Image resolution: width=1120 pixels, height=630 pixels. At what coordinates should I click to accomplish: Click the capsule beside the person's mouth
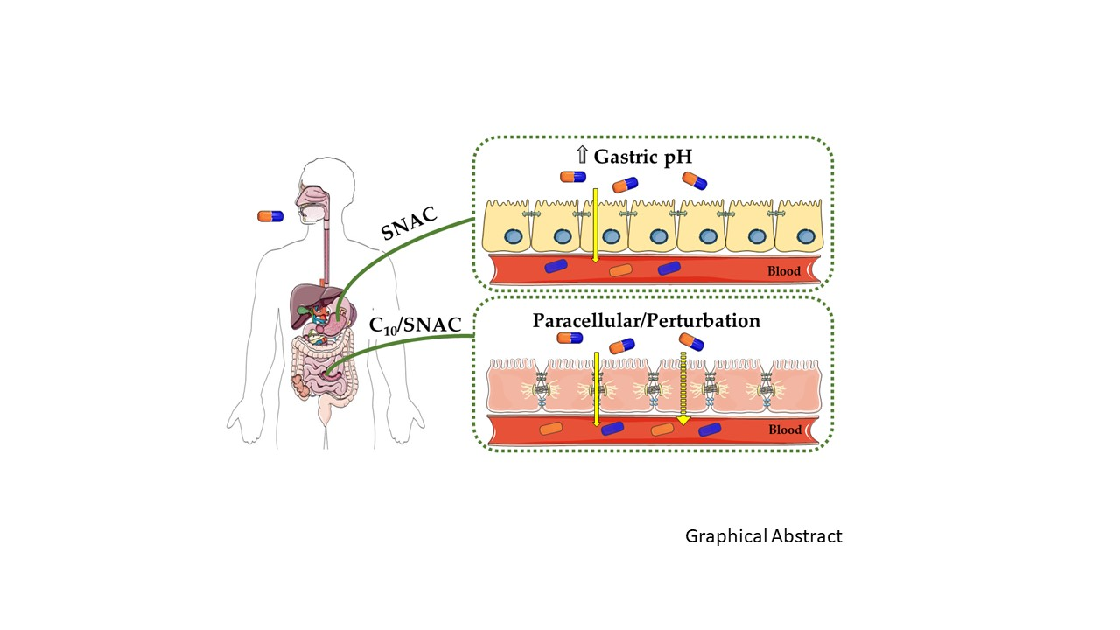270,215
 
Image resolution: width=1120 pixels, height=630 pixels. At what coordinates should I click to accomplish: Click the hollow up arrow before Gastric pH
582,157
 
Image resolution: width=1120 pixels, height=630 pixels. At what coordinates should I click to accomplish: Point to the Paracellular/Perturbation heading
646,320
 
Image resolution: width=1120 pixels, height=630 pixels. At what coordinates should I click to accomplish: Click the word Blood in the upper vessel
784,271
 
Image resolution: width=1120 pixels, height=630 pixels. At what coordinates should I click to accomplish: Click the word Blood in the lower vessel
784,430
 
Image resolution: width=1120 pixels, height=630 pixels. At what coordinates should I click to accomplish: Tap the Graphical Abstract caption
763,536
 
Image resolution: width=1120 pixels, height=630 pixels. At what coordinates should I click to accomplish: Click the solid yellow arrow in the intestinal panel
595,388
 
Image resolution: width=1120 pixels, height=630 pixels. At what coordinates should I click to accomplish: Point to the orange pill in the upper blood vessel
620,269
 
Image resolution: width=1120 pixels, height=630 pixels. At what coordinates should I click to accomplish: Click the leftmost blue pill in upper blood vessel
556,266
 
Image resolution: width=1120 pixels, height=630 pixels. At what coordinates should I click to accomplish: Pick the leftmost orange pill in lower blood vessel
551,429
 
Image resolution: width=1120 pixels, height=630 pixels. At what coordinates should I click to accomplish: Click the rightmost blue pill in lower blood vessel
709,429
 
